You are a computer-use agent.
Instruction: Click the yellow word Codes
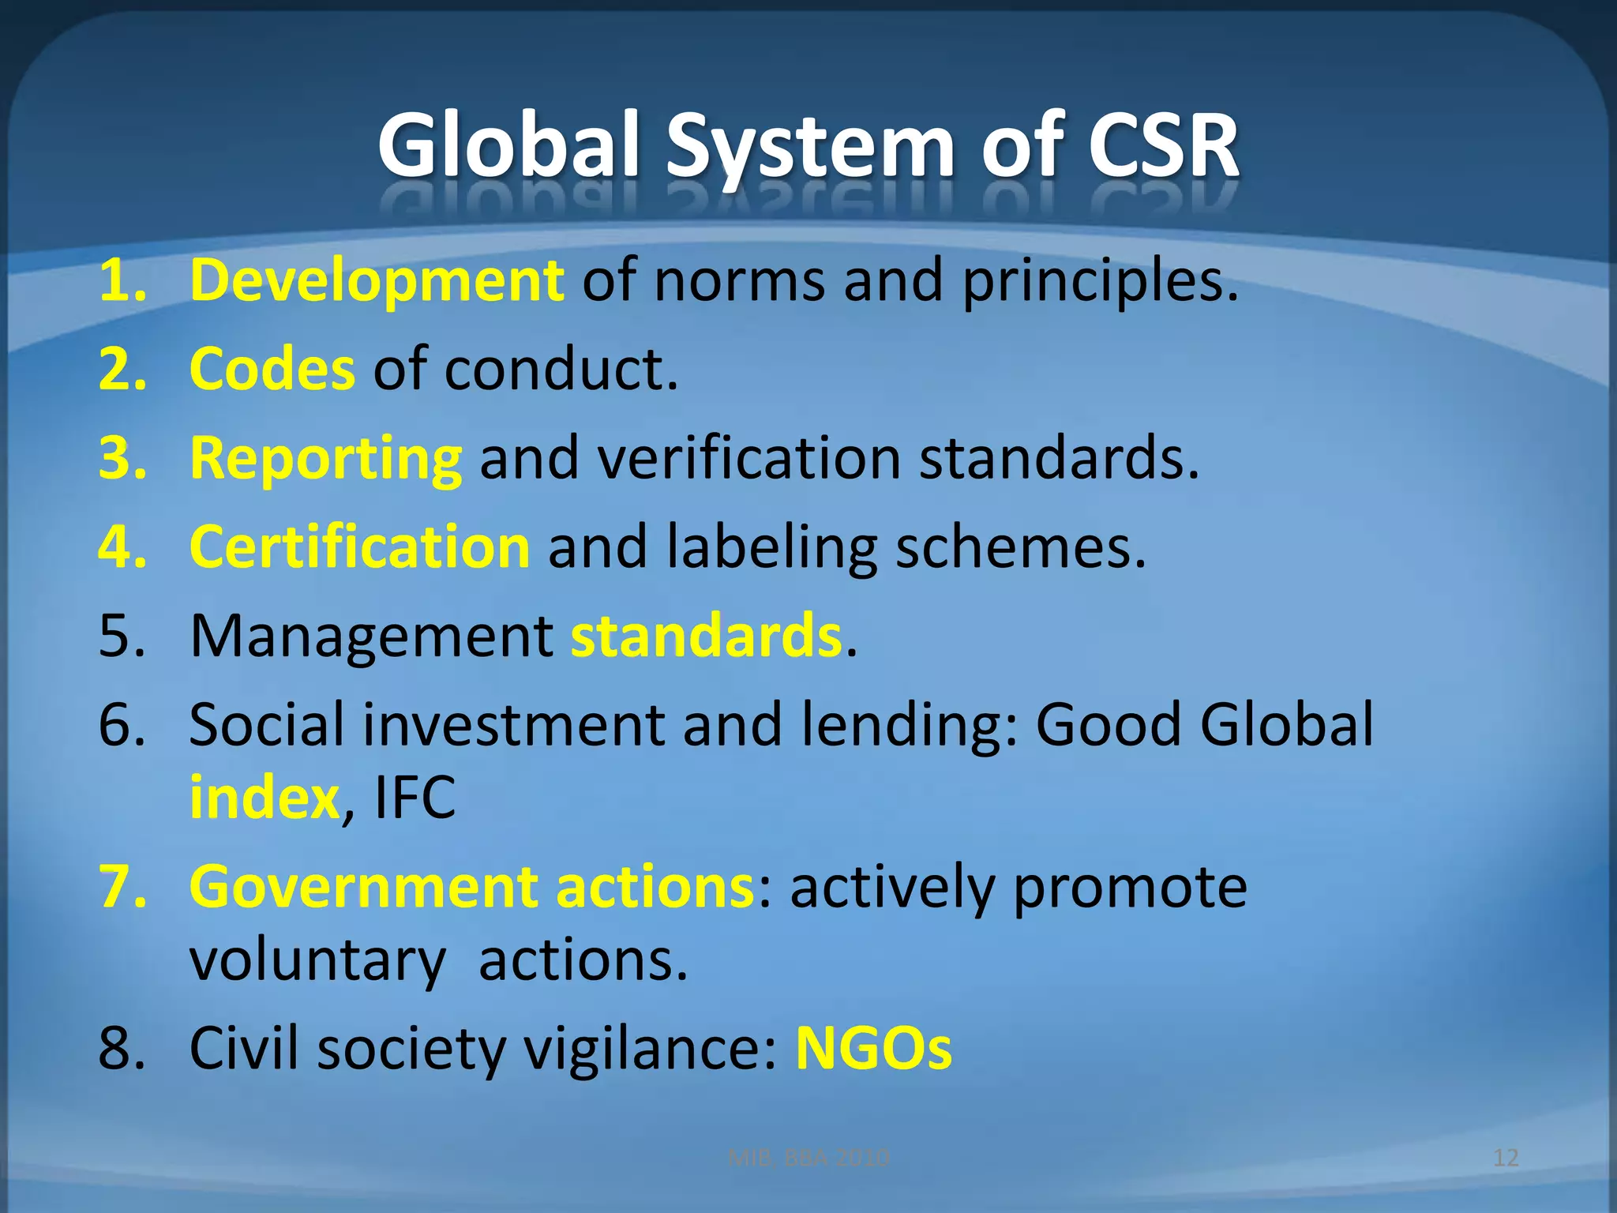(272, 369)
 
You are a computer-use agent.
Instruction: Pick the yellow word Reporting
(325, 458)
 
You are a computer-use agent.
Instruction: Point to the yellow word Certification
(360, 546)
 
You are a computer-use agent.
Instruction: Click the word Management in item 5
(372, 637)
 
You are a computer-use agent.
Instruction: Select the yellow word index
(264, 798)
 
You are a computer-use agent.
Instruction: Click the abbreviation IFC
(415, 798)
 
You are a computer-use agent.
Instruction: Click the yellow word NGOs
(873, 1049)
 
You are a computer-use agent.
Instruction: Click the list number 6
(122, 725)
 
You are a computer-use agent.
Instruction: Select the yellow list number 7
(122, 887)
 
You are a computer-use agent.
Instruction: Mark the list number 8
(122, 1049)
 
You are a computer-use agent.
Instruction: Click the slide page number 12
(1506, 1158)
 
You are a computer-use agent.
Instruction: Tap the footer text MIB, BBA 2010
(808, 1158)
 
